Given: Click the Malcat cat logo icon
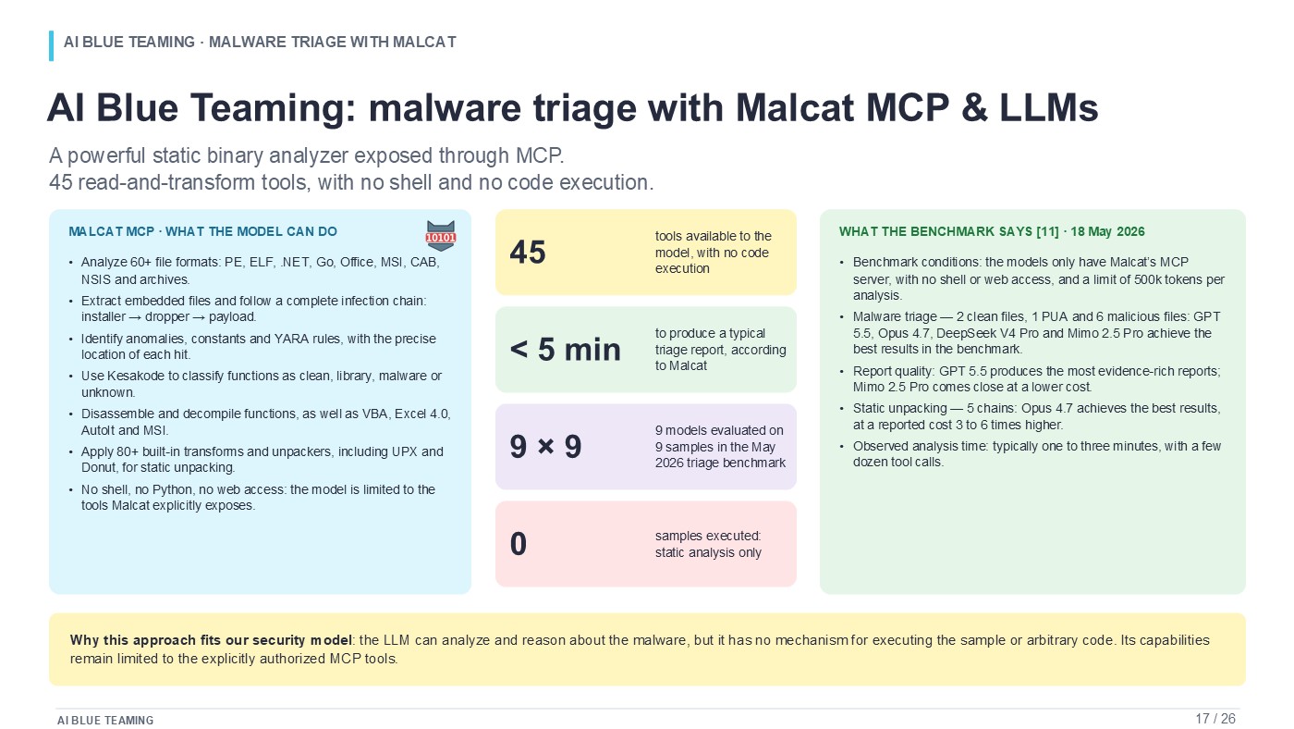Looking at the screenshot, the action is [440, 236].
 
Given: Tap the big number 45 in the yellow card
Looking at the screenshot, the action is [528, 253].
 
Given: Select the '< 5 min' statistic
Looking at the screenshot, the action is [565, 350].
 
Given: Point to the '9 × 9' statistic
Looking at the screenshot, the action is [545, 447].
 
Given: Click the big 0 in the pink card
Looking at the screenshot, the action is [519, 544].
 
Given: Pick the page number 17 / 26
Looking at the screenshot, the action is [1215, 719].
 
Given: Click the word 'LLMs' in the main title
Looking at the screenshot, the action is [1048, 108].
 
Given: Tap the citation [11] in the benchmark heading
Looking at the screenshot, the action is [1047, 232].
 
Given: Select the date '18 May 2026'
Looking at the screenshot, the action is [1107, 232].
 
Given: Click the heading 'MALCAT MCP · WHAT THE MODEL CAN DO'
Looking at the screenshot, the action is [202, 232].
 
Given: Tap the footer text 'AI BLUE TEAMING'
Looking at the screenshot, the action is [105, 721].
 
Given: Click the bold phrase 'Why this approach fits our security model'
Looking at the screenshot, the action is [211, 640].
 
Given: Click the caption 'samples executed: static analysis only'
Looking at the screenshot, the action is [708, 544].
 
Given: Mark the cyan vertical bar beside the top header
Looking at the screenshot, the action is [52, 45].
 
